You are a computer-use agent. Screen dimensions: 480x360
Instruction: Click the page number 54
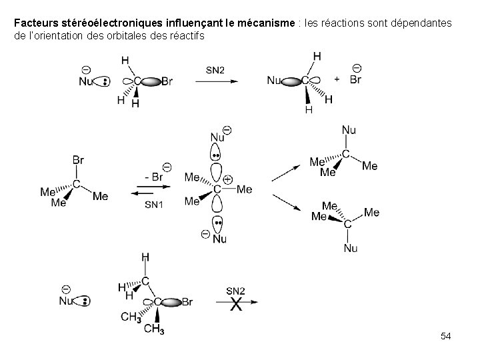point(446,337)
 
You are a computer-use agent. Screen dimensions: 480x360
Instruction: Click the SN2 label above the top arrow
point(215,69)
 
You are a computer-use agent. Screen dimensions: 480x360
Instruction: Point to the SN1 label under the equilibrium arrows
point(154,204)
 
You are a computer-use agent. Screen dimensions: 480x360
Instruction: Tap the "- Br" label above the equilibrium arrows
point(154,177)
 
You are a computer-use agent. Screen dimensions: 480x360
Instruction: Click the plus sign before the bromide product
point(337,79)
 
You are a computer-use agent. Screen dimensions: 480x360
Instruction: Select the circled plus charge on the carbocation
point(228,179)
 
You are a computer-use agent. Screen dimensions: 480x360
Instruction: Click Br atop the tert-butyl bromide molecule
point(77,160)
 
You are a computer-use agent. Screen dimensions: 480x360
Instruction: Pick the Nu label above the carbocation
point(217,137)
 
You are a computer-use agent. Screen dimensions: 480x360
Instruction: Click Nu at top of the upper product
point(349,129)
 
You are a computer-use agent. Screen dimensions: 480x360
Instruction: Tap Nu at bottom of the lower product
point(351,248)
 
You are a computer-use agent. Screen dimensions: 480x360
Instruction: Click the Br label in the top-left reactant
point(167,81)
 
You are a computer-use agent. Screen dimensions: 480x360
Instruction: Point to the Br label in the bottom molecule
point(187,302)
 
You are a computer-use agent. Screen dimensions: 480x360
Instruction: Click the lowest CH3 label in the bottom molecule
point(154,329)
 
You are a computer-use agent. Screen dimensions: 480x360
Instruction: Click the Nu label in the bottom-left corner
point(66,301)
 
